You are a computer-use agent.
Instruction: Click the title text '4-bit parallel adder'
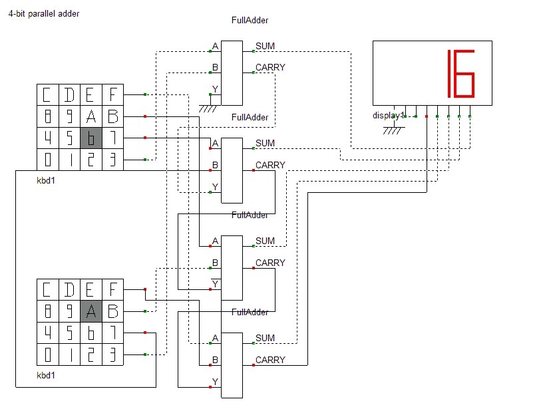click(44, 14)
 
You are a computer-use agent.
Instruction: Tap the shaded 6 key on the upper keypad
click(91, 138)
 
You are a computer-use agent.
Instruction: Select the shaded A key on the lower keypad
click(91, 311)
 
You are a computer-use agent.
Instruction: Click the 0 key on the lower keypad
click(48, 354)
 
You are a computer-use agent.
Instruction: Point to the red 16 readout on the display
click(461, 73)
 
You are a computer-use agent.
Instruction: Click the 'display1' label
click(388, 116)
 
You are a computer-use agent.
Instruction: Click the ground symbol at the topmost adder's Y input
click(208, 108)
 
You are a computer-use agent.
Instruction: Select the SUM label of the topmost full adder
click(265, 46)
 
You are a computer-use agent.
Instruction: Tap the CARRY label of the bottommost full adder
click(270, 360)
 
